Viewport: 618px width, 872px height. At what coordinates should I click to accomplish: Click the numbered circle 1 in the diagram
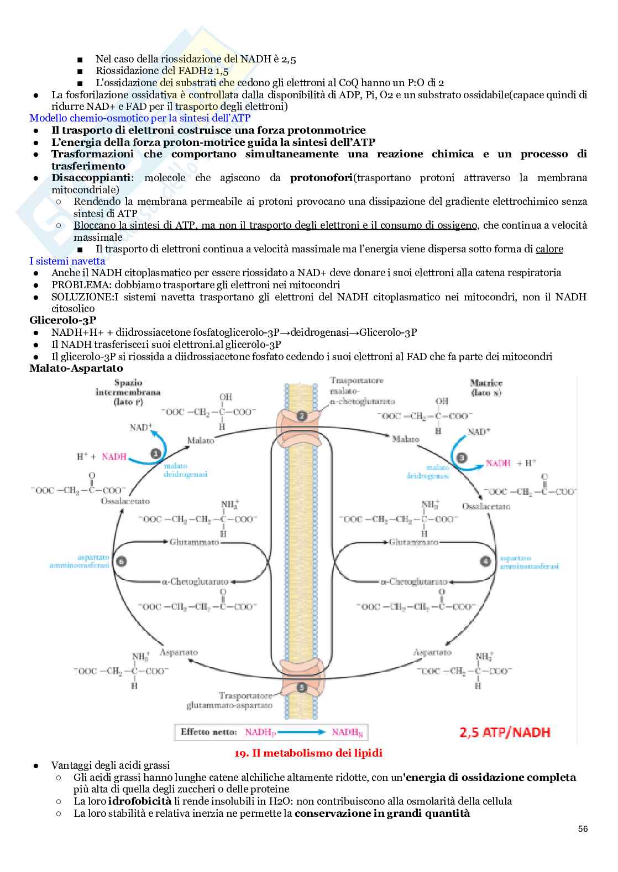[155, 453]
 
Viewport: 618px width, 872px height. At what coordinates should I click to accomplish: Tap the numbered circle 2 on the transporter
[301, 416]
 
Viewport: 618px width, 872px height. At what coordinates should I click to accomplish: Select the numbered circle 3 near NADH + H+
[461, 457]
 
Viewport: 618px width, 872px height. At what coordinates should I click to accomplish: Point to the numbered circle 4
[485, 561]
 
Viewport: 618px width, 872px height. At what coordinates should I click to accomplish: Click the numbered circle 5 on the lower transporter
[301, 688]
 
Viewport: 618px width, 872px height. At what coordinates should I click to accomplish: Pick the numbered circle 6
[121, 561]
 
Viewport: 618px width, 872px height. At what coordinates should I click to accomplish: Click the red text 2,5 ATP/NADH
[505, 733]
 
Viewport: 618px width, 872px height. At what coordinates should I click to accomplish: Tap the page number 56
[583, 829]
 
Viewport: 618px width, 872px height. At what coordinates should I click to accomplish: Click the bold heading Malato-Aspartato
[76, 368]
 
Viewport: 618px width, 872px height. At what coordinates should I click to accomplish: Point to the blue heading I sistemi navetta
[67, 261]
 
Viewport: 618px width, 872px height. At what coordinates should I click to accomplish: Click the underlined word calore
[549, 249]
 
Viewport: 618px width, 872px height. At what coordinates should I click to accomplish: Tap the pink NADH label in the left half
[114, 457]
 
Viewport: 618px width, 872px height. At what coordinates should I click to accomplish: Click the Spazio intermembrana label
[128, 392]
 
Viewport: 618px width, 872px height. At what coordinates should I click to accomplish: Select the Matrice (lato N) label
[486, 388]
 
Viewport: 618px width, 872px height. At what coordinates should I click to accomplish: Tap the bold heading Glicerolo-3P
[62, 320]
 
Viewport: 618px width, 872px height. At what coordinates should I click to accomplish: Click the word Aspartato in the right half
[432, 652]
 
